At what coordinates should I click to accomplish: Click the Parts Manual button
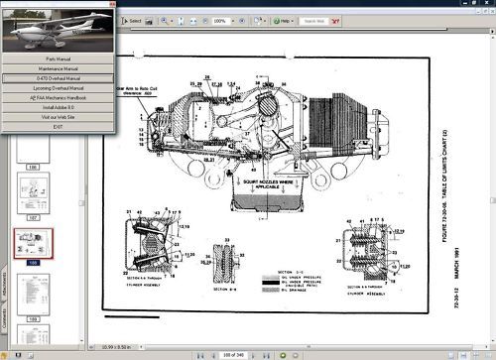coord(60,58)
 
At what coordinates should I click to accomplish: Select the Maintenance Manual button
coord(60,66)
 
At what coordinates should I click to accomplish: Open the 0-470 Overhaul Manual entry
coord(60,76)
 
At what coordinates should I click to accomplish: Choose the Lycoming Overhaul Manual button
coord(60,86)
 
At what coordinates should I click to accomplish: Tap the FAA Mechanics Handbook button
coord(60,96)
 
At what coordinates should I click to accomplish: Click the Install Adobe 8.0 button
coord(60,106)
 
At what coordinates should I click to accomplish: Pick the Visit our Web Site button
coord(60,116)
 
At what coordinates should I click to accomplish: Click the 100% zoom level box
coord(221,20)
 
